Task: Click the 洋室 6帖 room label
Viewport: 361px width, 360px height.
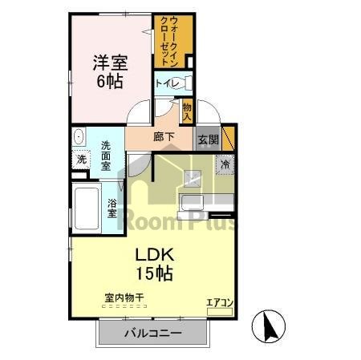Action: (112, 71)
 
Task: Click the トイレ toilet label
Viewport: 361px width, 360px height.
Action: (167, 83)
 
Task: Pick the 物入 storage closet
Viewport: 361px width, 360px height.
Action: (187, 111)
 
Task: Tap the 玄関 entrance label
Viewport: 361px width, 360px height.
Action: (208, 139)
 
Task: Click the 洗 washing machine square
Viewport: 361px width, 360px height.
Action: (81, 160)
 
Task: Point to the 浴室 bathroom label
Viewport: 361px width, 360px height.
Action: (112, 208)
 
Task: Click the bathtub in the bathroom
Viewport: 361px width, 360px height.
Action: (86, 208)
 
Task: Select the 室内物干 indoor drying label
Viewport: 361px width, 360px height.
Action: (124, 298)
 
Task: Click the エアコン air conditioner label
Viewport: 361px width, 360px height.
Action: (219, 302)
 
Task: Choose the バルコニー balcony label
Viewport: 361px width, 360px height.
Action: (152, 333)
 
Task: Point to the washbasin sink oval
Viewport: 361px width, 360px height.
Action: (78, 138)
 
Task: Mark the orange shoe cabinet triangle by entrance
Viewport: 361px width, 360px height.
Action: (228, 136)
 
